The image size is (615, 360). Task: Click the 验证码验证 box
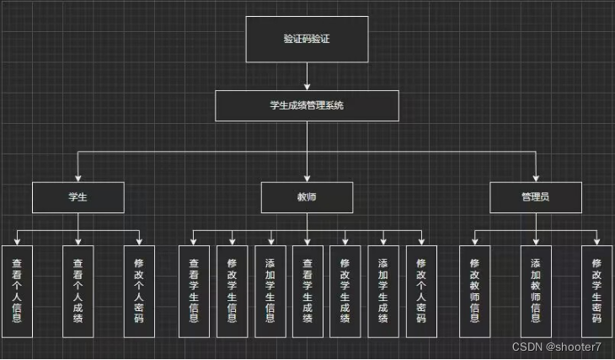[307, 40]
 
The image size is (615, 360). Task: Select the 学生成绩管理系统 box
[307, 106]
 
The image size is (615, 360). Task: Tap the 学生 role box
[78, 197]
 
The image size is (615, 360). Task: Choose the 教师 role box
[307, 197]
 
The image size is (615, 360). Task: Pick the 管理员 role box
[535, 197]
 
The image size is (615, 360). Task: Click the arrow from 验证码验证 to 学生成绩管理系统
[307, 77]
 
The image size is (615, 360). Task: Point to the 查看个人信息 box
[17, 291]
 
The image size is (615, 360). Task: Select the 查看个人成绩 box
[78, 291]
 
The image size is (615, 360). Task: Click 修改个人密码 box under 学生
[139, 291]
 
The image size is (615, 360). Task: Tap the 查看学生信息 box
[194, 291]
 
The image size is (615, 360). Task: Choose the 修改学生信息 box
[232, 291]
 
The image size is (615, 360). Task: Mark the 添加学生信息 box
[270, 291]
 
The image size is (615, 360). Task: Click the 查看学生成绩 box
[307, 291]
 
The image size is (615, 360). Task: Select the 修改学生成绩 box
[345, 291]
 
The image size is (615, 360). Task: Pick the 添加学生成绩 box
[383, 291]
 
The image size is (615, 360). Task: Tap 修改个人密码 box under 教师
[421, 291]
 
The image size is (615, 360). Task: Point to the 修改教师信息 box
[474, 291]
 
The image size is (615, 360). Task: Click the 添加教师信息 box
[536, 291]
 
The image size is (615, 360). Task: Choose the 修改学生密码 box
[596, 291]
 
